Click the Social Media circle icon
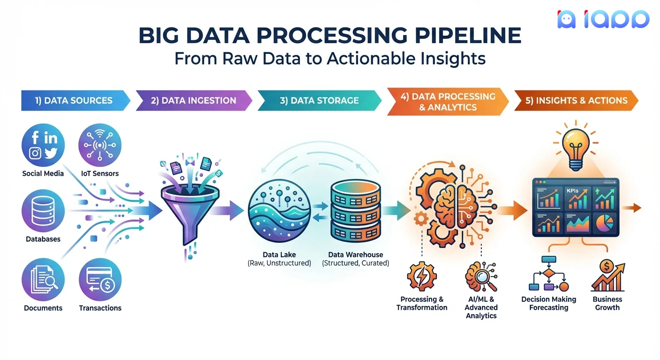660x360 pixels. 43,145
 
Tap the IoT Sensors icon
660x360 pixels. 100,145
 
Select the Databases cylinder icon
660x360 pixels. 43,210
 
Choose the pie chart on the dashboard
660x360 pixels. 605,223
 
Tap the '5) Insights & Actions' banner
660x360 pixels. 576,100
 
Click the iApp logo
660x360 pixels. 603,19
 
